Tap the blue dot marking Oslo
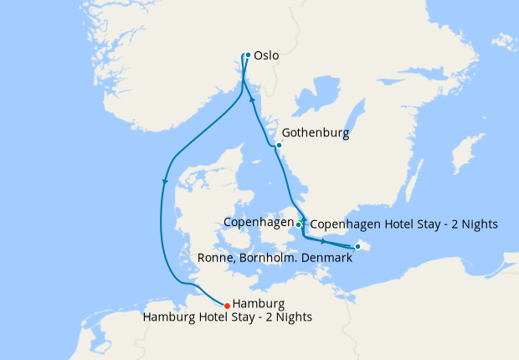pyautogui.click(x=248, y=55)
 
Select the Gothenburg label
pyautogui.click(x=316, y=133)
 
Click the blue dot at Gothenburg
pyautogui.click(x=279, y=146)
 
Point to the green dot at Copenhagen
pyautogui.click(x=299, y=224)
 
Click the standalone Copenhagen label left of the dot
pyautogui.click(x=258, y=222)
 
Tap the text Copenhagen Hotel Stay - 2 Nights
pyautogui.click(x=403, y=224)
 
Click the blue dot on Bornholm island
pyautogui.click(x=357, y=246)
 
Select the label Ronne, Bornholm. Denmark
pyautogui.click(x=275, y=259)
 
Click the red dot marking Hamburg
pyautogui.click(x=227, y=305)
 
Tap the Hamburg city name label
pyautogui.click(x=259, y=303)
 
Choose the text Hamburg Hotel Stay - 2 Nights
pyautogui.click(x=227, y=316)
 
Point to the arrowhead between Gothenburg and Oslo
pyautogui.click(x=253, y=99)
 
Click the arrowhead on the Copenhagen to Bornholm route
pyautogui.click(x=322, y=240)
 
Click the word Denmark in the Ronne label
pyautogui.click(x=326, y=259)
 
